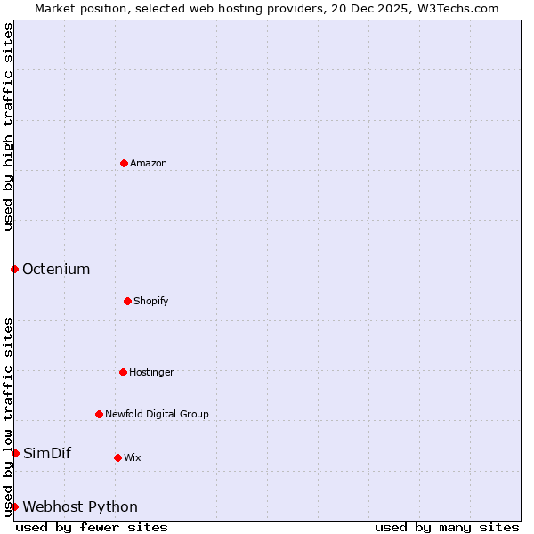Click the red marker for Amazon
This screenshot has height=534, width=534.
tap(124, 163)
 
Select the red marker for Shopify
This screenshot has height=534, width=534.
tap(127, 301)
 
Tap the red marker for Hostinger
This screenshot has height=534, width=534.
tap(123, 372)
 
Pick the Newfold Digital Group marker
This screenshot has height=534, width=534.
tap(99, 414)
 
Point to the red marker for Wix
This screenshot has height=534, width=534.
tap(117, 457)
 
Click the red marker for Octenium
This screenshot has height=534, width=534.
tap(14, 269)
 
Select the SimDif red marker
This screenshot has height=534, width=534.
tap(15, 453)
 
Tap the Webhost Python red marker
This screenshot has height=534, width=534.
tap(14, 506)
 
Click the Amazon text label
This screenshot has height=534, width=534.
tap(149, 163)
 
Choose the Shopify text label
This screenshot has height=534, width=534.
tap(151, 301)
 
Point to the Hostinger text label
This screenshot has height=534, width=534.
tap(151, 372)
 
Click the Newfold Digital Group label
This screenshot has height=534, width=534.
tap(157, 414)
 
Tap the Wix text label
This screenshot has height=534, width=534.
tap(133, 457)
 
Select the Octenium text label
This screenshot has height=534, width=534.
tap(56, 269)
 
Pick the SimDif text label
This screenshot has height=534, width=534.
tap(47, 453)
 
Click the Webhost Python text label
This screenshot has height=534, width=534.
tap(80, 506)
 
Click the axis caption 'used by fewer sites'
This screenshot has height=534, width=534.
tap(92, 527)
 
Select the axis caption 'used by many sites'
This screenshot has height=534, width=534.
tap(447, 527)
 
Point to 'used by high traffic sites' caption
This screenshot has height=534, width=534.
tap(8, 127)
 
